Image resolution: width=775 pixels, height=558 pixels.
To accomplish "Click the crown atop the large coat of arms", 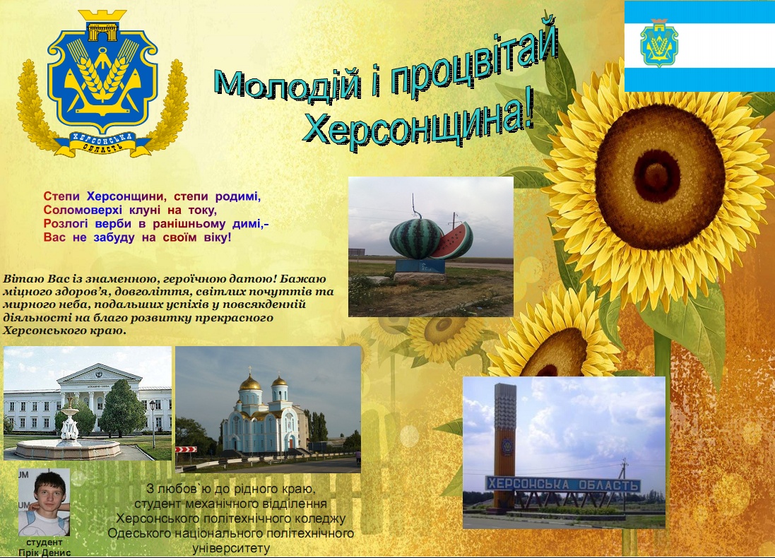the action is [102, 25].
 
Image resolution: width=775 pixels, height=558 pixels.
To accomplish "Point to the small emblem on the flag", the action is [659, 43].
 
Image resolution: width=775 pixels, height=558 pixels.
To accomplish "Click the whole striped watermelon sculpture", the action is [415, 238].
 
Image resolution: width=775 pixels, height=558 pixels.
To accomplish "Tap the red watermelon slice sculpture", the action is [454, 241].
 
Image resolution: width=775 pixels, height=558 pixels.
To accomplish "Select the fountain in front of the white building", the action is [69, 435].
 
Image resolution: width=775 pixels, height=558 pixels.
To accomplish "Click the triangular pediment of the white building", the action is [100, 374].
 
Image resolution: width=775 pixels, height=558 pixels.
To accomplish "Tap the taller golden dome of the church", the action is [250, 382].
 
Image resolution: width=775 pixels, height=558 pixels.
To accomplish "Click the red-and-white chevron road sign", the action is [187, 450].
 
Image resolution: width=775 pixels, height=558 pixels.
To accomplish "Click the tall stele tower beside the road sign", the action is [504, 445].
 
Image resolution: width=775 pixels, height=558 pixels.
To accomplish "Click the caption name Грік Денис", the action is [45, 552].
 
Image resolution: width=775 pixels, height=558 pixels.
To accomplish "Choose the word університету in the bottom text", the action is [231, 548].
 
